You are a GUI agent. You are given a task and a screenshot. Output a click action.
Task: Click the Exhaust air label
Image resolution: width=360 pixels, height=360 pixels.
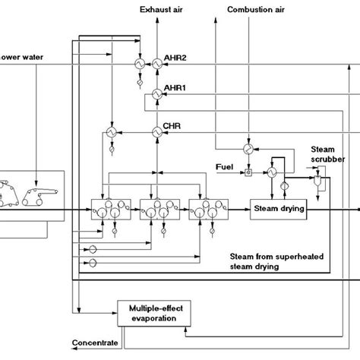click(160, 8)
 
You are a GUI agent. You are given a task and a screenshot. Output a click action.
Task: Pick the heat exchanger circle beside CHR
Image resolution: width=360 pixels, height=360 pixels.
click(157, 131)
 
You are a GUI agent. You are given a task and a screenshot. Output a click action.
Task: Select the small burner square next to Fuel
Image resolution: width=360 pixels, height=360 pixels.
click(248, 173)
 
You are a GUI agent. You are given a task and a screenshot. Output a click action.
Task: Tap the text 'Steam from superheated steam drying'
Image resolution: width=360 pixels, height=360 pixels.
click(269, 261)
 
